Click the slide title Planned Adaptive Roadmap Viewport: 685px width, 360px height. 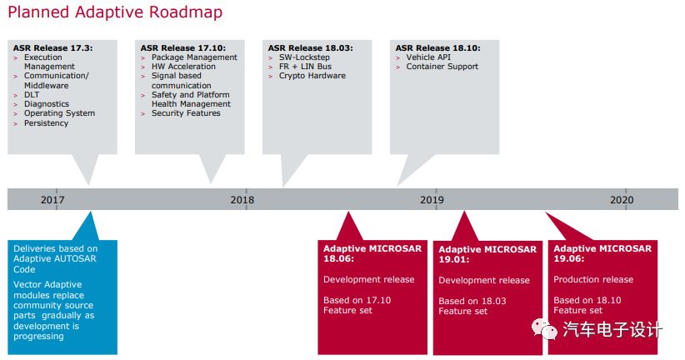tap(115, 12)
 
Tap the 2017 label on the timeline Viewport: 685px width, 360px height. tap(52, 200)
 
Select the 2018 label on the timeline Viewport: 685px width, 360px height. tap(242, 200)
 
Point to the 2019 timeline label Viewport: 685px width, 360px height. tap(432, 200)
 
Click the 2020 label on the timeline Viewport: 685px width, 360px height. tap(622, 200)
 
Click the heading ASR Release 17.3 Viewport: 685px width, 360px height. tap(52, 48)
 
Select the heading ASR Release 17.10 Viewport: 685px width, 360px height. tap(183, 48)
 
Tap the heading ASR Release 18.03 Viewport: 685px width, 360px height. tap(311, 48)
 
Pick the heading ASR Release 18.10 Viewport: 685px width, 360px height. tap(438, 48)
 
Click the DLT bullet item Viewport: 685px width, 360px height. tap(32, 95)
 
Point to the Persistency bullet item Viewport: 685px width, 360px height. tap(46, 123)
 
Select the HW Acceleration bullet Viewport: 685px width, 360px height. tap(183, 67)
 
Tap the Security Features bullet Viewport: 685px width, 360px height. tap(186, 113)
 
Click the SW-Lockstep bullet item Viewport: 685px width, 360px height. tap(304, 57)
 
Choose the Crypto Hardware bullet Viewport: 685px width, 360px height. tap(312, 76)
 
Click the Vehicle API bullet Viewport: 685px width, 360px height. tap(428, 57)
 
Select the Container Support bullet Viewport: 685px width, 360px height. tap(442, 67)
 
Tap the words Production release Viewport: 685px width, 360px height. tap(593, 280)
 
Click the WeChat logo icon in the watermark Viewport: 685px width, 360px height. tap(544, 328)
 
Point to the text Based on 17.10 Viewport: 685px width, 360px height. tap(357, 300)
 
